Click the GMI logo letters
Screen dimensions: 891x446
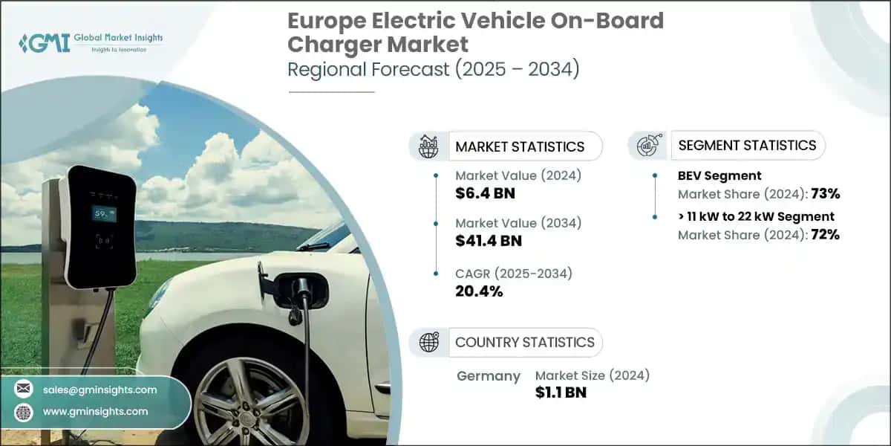point(45,43)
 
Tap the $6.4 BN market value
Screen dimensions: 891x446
point(486,193)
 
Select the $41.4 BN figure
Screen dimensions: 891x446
point(489,241)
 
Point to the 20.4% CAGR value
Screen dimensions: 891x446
point(479,291)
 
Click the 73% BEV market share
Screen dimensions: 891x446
point(826,194)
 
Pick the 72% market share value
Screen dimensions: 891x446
point(826,235)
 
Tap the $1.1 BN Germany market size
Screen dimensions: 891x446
point(561,392)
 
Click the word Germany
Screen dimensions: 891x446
point(489,376)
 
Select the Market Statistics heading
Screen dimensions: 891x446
point(520,147)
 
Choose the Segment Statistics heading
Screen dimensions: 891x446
point(748,146)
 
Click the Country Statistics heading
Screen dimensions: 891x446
point(525,343)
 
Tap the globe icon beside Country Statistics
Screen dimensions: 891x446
point(429,342)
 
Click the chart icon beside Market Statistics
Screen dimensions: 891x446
point(428,146)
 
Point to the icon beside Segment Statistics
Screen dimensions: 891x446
point(649,145)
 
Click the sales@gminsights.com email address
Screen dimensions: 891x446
point(99,390)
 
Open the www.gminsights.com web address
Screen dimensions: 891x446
point(96,411)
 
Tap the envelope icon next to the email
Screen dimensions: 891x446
point(24,388)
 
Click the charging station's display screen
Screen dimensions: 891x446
point(104,214)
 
